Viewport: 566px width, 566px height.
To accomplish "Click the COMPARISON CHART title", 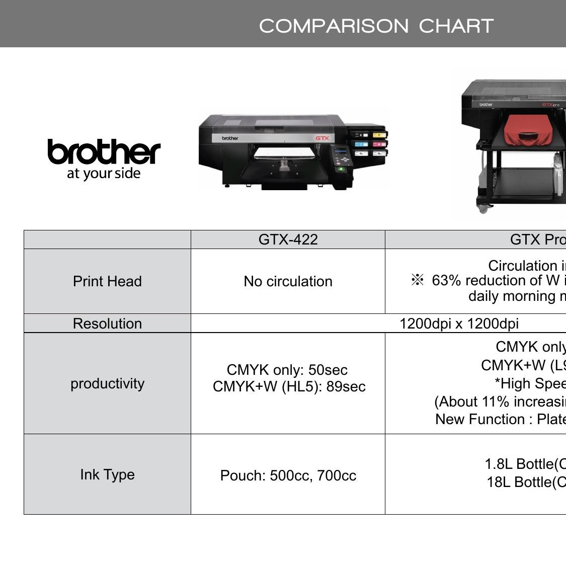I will tap(376, 26).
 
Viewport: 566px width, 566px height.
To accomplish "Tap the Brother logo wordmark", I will tap(104, 151).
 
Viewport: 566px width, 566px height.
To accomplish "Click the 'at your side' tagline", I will tap(104, 174).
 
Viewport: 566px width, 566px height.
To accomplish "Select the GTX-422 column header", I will tap(288, 239).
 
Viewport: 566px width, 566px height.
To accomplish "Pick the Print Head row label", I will tap(107, 281).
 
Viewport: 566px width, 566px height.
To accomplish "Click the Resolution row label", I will tap(107, 324).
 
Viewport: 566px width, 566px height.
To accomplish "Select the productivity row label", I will tap(107, 383).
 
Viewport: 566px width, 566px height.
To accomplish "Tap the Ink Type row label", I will tap(107, 474).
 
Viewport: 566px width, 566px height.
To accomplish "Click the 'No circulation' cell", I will tap(288, 281).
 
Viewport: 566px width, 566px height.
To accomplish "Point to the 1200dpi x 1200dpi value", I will tap(459, 324).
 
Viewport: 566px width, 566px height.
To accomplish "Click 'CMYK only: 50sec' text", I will tap(287, 370).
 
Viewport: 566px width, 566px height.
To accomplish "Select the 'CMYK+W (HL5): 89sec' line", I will tap(289, 386).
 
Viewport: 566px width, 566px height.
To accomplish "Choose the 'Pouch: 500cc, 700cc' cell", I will tap(288, 475).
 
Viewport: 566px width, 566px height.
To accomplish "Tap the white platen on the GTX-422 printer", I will tap(284, 152).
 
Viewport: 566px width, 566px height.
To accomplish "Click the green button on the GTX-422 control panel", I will tap(341, 169).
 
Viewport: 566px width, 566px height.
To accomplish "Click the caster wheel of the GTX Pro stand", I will tap(483, 208).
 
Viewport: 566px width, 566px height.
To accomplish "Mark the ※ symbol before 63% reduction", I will tap(417, 280).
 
